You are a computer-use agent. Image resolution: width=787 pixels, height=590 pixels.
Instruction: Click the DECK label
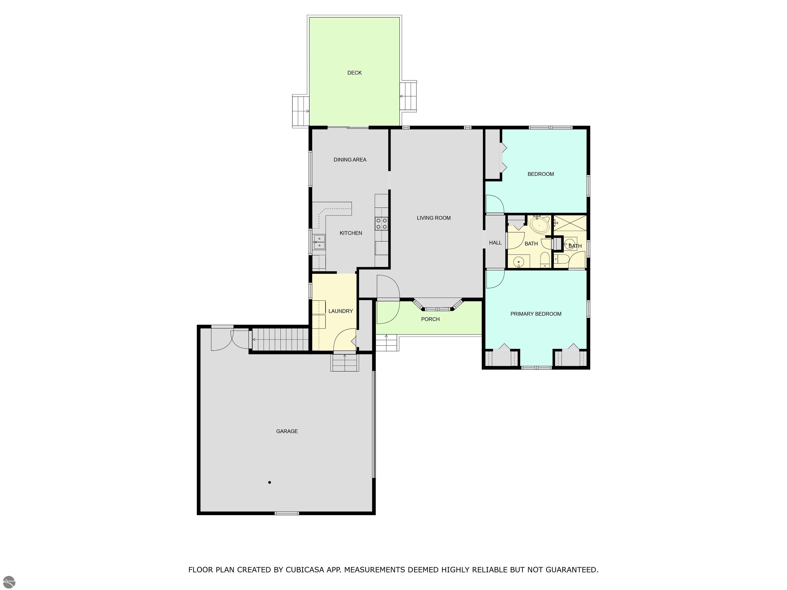(354, 73)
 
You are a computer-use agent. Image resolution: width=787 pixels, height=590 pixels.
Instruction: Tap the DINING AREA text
(350, 160)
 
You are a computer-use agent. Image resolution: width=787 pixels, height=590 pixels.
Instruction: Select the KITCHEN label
(351, 233)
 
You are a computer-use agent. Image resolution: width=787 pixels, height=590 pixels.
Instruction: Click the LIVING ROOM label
(434, 218)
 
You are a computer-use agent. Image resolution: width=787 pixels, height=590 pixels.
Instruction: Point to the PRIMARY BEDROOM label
(536, 314)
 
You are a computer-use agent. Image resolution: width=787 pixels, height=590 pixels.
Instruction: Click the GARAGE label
(287, 431)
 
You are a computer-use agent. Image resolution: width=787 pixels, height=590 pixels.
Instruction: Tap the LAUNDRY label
(340, 311)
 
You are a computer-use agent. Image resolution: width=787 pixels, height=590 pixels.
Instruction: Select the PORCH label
(430, 319)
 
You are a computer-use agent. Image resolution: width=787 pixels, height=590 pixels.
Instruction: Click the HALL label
(495, 243)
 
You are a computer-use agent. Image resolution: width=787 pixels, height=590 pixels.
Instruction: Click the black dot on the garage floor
(270, 482)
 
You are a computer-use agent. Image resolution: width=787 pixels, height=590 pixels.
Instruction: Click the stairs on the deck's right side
(408, 96)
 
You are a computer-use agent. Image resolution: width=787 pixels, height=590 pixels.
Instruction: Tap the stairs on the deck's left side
(301, 111)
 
